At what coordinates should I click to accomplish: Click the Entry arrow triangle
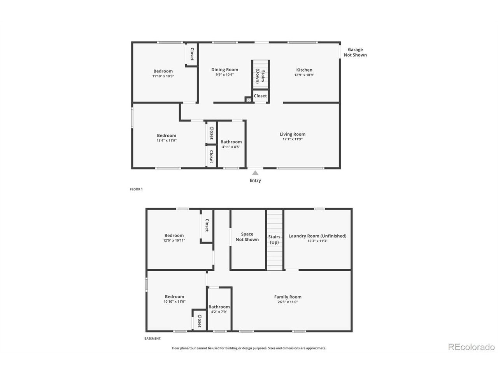point(255,173)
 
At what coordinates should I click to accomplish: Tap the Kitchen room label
point(304,70)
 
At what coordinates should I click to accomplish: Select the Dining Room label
point(224,70)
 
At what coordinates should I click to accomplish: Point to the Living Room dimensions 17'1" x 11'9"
point(293,139)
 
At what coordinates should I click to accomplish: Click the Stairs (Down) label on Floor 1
point(260,76)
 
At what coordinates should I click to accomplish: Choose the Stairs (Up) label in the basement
point(274,240)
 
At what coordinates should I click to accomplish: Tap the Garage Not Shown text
point(355,52)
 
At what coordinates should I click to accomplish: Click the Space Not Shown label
point(247,236)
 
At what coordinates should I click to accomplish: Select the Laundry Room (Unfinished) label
point(317,236)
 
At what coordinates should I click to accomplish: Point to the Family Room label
point(288,297)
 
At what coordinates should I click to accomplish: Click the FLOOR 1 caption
point(136,189)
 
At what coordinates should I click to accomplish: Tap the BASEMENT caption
point(152,338)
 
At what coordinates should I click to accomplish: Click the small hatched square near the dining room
point(249,100)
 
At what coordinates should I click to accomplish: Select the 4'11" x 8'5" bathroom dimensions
point(231,147)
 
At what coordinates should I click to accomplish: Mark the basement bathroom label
point(219,307)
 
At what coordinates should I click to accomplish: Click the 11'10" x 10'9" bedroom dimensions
point(163,76)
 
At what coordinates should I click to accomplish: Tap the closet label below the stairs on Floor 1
point(260,96)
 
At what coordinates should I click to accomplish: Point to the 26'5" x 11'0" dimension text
point(288,302)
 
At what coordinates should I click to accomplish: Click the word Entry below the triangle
point(255,180)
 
